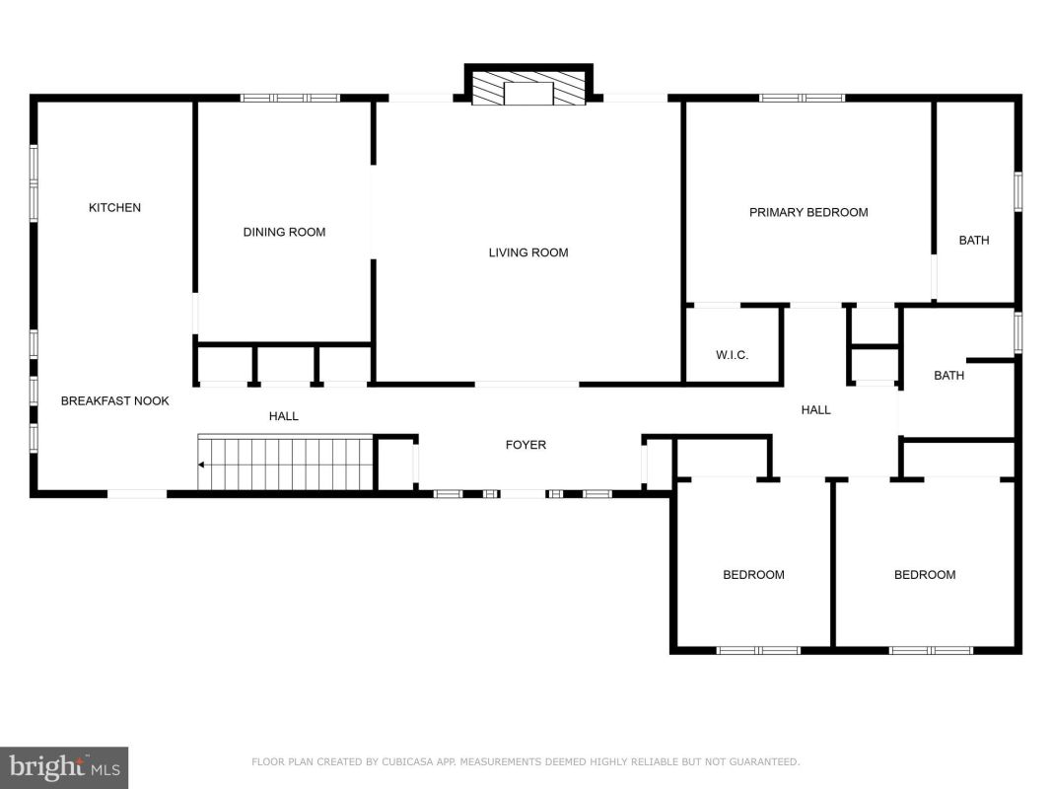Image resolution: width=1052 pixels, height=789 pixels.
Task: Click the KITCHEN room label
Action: (x=114, y=208)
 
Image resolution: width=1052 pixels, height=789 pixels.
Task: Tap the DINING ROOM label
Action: (x=285, y=232)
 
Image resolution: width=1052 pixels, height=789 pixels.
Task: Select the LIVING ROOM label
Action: (x=528, y=252)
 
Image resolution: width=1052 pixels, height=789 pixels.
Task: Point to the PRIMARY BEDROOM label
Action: (x=808, y=213)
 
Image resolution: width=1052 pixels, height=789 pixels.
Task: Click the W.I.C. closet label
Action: (x=732, y=355)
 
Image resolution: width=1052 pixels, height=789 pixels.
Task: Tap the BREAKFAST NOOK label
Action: (x=114, y=401)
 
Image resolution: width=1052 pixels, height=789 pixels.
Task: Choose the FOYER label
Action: (x=526, y=445)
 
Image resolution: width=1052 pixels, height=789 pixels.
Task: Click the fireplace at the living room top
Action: (x=528, y=86)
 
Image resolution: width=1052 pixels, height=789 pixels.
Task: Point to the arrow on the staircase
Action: (x=201, y=465)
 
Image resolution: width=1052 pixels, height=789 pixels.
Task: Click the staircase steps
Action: (x=285, y=463)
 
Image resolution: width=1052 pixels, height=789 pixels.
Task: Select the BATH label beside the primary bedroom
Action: (x=974, y=241)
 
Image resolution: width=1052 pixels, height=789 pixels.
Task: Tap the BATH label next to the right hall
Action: (x=949, y=376)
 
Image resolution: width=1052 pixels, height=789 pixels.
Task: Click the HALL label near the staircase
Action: (x=284, y=416)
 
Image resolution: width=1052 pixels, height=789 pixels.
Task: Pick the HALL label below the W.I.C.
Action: (x=815, y=410)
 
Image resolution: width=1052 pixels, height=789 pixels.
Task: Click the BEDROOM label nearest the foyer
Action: (x=753, y=575)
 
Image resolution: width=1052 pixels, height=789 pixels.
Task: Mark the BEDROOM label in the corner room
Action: (x=925, y=575)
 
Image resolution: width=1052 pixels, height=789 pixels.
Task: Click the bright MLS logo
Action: (x=64, y=767)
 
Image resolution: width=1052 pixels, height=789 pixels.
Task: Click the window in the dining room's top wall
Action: (x=291, y=98)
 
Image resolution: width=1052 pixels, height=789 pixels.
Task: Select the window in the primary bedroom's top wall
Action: (x=803, y=98)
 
